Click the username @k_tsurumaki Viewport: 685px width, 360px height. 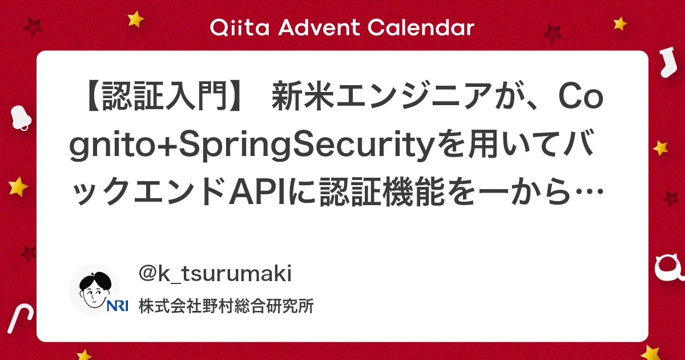(215, 274)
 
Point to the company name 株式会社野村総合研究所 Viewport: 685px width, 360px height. (226, 306)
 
